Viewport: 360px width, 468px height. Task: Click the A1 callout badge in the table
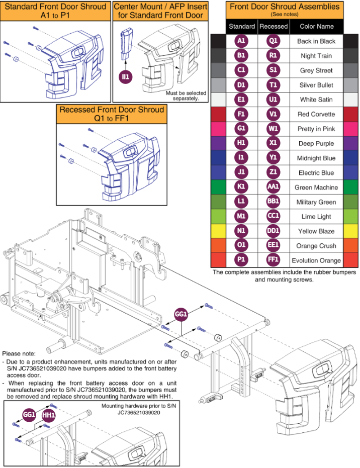coord(241,41)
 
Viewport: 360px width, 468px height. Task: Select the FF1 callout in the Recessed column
coord(273,260)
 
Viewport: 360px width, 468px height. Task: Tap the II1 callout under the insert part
coord(126,77)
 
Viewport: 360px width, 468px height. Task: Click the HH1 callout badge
coord(48,415)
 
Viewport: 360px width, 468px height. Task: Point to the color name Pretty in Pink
coord(316,129)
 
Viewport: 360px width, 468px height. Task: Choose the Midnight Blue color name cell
coord(316,158)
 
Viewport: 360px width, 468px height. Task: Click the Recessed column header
coord(274,26)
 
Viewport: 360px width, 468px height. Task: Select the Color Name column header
coord(316,26)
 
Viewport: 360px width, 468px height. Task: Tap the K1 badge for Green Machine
coord(241,187)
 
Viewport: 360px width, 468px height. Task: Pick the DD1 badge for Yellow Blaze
coord(273,231)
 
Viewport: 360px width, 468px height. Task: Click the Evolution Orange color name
coord(316,260)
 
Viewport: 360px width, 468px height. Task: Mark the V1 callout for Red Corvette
coord(273,114)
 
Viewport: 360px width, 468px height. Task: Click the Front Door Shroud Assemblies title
coord(285,7)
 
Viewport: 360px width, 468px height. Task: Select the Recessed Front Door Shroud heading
coord(112,114)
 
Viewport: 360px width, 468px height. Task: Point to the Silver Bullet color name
coord(316,85)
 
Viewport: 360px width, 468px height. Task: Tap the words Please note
coord(19,354)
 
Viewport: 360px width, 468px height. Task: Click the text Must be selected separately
coord(186,96)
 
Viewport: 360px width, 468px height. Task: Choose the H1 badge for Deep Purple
coord(241,143)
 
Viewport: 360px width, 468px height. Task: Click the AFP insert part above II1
coord(127,44)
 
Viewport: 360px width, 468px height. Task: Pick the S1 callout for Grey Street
coord(273,70)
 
